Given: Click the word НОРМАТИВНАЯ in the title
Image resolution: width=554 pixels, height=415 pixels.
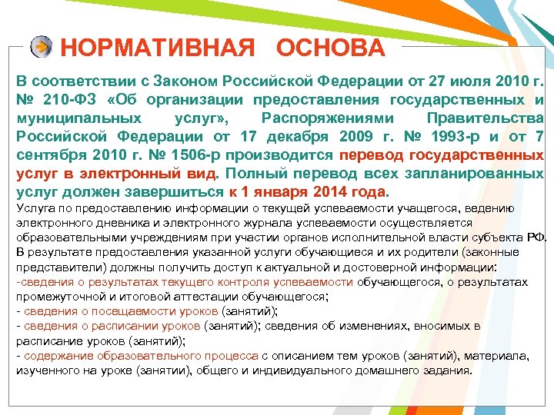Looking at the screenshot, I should click(x=157, y=48).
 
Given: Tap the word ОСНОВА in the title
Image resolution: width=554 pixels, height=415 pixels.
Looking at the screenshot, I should click(x=331, y=48).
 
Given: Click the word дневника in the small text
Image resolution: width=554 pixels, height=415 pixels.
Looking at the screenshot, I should click(x=104, y=222).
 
